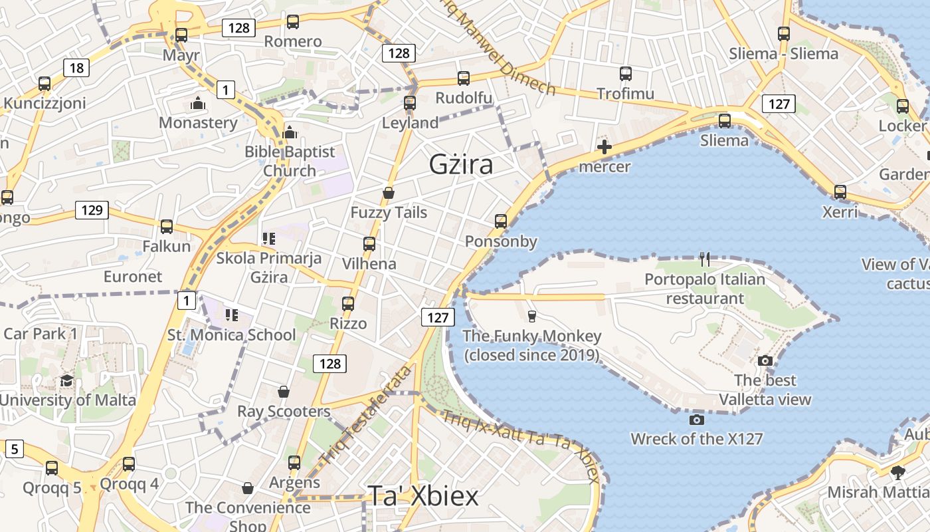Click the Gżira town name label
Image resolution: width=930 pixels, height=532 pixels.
click(x=461, y=164)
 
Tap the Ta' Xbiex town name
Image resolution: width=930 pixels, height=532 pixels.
click(x=423, y=496)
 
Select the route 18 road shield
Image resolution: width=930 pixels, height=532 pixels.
click(x=76, y=67)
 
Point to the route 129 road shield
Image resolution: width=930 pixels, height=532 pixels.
click(x=92, y=210)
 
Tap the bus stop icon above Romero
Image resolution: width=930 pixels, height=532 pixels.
click(x=293, y=22)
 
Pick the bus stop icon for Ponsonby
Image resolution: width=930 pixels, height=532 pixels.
click(x=501, y=221)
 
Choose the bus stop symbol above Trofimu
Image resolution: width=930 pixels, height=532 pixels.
click(x=625, y=74)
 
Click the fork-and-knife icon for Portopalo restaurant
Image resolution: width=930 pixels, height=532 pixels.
click(x=705, y=259)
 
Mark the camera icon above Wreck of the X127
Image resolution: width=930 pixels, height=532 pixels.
click(x=697, y=420)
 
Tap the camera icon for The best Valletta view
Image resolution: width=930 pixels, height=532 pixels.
click(x=765, y=361)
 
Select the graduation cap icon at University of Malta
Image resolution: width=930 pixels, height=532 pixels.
click(x=66, y=381)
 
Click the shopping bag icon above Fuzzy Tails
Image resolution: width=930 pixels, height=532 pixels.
click(x=389, y=194)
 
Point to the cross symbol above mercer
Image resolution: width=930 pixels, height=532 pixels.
click(x=604, y=147)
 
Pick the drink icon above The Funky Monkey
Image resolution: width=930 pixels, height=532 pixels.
click(x=531, y=316)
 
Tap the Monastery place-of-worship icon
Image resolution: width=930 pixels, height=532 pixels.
click(x=197, y=103)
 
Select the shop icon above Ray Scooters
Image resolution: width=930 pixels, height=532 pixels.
click(x=284, y=392)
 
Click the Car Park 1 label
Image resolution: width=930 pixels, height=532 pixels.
click(x=41, y=333)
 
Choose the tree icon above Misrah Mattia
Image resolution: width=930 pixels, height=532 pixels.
click(x=898, y=473)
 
